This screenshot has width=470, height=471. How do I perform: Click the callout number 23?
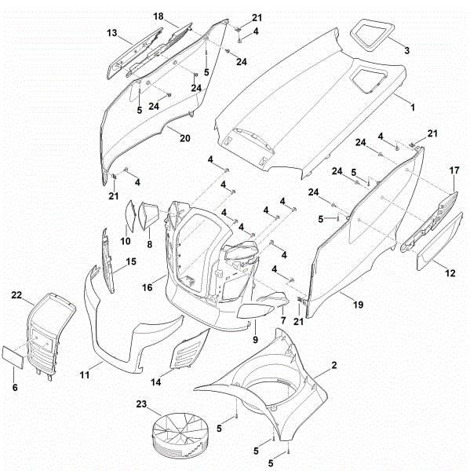pos(140,404)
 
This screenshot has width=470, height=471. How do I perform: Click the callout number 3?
pos(406,50)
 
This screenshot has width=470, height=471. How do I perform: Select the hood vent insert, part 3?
pos(368,32)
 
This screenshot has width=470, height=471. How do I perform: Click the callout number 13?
pos(111,33)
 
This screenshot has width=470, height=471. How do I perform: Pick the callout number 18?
pos(158,16)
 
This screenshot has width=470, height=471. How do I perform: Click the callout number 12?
pos(450,273)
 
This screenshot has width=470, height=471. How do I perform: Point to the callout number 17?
pos(454,170)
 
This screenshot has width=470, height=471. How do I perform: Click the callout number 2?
pos(334,365)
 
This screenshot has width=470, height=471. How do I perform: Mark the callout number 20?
pos(184,138)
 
